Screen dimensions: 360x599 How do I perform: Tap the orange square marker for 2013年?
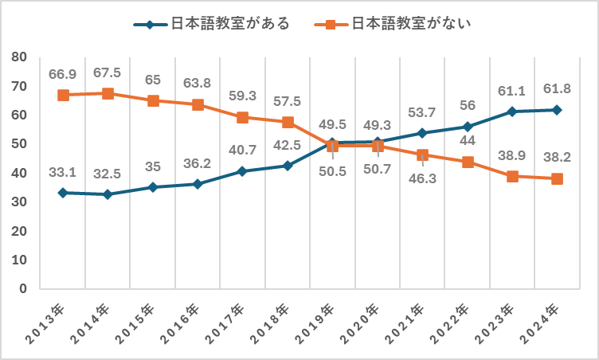pyautogui.click(x=63, y=95)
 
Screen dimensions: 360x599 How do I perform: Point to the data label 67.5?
pyautogui.click(x=108, y=73)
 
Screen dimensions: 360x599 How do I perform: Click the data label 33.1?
pyautogui.click(x=63, y=171)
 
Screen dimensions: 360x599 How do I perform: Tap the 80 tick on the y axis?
pyautogui.click(x=21, y=57)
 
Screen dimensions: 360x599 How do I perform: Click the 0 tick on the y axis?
pyautogui.click(x=25, y=288)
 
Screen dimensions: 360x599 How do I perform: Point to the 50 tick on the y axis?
pyautogui.click(x=21, y=144)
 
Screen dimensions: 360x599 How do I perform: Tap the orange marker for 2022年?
pyautogui.click(x=468, y=162)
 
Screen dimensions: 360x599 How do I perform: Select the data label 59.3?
pyautogui.click(x=243, y=96)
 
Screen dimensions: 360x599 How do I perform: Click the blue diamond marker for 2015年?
pyautogui.click(x=153, y=187)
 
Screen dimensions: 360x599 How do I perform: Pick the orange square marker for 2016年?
pyautogui.click(x=198, y=104)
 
